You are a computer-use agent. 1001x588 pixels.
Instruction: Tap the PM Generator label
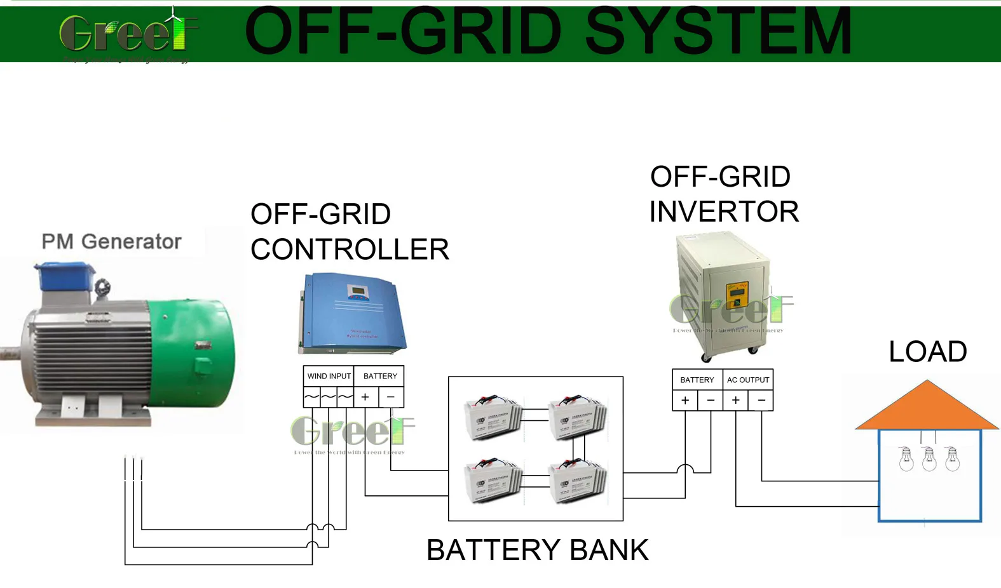(x=111, y=242)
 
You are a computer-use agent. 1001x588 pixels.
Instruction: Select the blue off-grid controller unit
(x=351, y=312)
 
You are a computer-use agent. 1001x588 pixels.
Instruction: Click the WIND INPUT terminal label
(x=329, y=376)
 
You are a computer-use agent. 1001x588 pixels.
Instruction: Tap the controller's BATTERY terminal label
(x=379, y=376)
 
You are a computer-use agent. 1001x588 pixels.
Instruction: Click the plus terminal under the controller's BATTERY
(x=365, y=397)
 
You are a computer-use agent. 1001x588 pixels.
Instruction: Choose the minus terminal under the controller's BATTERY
(x=391, y=397)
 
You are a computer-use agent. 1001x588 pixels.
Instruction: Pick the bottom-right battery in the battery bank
(x=577, y=482)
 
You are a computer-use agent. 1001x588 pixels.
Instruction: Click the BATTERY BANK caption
(x=537, y=550)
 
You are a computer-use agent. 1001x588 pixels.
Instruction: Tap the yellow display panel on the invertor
(x=737, y=295)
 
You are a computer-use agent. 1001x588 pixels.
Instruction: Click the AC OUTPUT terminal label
(x=748, y=380)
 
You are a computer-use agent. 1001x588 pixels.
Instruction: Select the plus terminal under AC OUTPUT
(x=735, y=401)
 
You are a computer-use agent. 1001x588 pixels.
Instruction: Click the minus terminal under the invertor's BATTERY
(x=711, y=401)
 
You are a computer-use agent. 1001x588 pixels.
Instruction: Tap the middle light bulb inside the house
(x=929, y=458)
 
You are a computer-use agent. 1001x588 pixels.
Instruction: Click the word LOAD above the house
(x=927, y=352)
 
